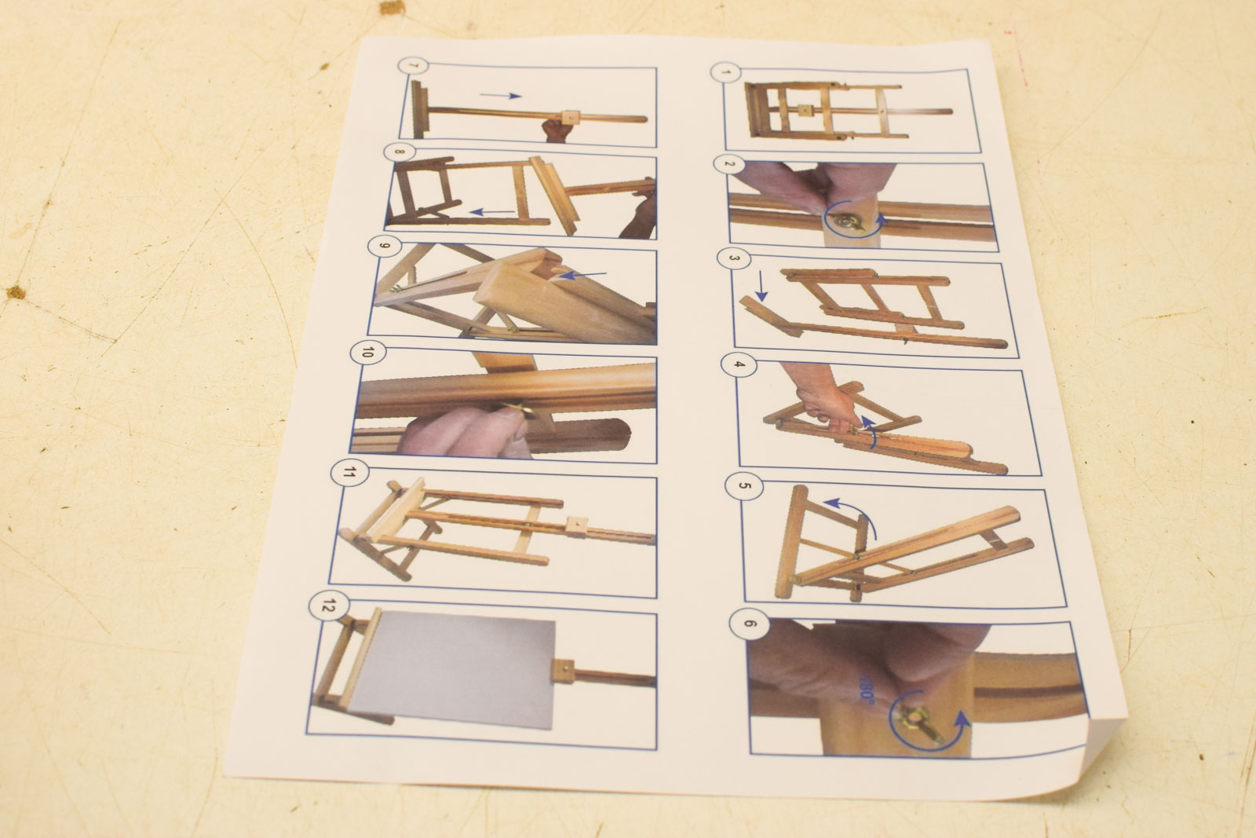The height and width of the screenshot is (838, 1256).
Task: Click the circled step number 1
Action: pos(725,73)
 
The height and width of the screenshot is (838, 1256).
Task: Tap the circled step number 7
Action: pos(413,66)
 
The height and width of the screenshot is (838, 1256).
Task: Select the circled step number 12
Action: pos(329,606)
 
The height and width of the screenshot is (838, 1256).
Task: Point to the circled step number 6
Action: pos(749,623)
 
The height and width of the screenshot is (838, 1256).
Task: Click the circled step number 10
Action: pos(367,353)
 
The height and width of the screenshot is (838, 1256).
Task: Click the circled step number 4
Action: pos(739,364)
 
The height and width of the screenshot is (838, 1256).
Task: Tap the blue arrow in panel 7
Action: pos(500,95)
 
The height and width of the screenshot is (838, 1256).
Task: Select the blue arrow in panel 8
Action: pos(491,212)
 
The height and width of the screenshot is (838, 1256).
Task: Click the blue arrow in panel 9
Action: pos(583,275)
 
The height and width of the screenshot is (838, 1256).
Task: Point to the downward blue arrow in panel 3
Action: pos(761,286)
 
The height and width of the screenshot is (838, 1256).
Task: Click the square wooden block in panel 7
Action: pos(571,117)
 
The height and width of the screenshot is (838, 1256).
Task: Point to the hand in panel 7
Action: pos(557,130)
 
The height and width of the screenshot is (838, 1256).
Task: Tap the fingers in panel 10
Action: pos(466,432)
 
